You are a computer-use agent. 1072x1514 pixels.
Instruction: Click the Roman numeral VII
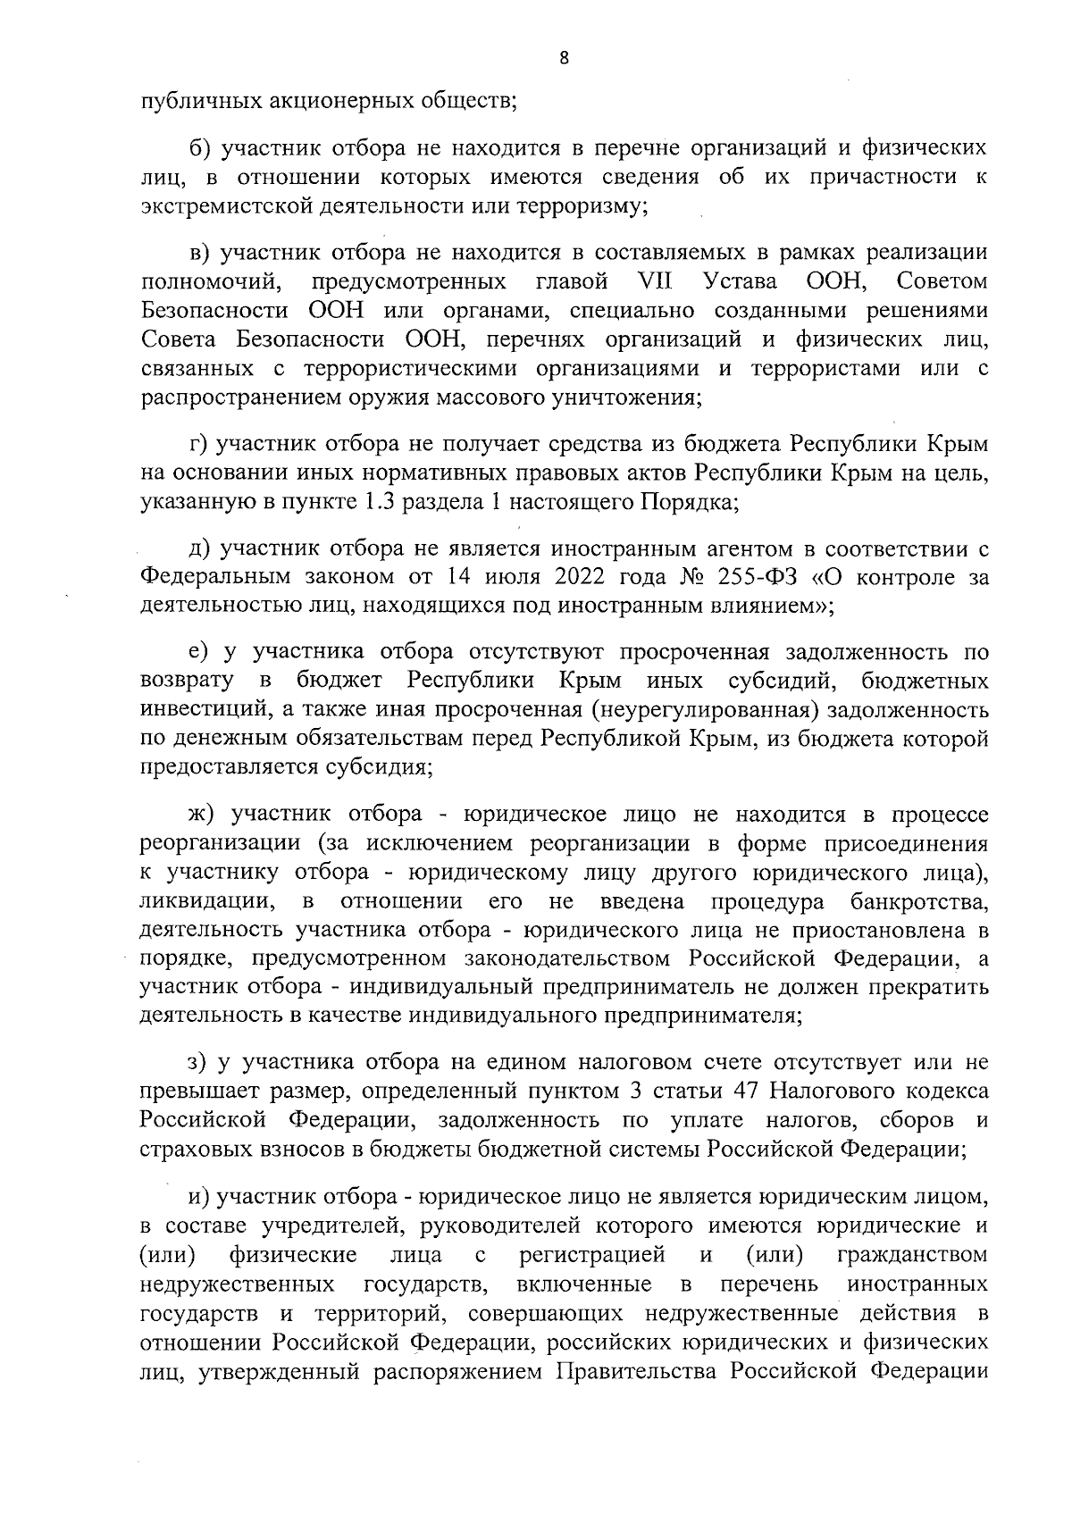click(x=656, y=282)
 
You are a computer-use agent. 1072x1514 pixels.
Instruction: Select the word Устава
click(x=741, y=282)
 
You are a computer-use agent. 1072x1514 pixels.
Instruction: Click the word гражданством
click(x=913, y=1255)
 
